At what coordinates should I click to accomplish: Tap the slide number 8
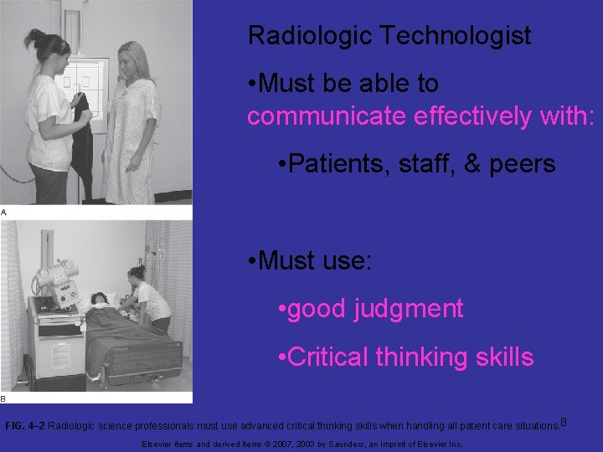pos(564,420)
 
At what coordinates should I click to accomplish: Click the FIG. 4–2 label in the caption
pos(25,426)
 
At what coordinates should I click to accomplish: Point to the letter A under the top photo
pos(4,213)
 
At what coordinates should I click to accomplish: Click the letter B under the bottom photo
pos(4,398)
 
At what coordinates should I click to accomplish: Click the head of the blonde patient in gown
pos(135,61)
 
